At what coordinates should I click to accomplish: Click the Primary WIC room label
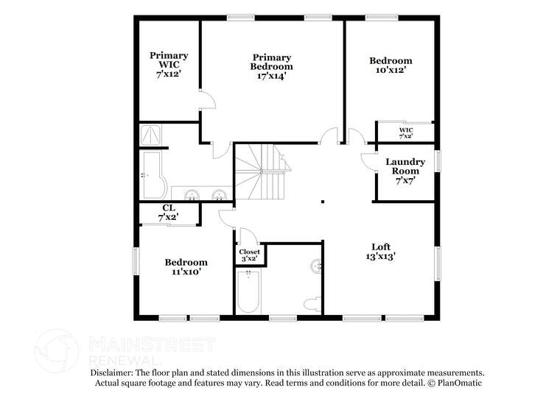(169, 66)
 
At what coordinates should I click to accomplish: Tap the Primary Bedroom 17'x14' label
(271, 66)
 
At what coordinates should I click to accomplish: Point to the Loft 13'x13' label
(380, 252)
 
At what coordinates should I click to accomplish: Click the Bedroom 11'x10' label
(186, 266)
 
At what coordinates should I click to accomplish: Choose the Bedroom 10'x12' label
(391, 66)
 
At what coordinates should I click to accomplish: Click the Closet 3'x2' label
(250, 255)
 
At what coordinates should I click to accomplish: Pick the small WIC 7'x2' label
(406, 133)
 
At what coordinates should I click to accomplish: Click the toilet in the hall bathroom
(311, 303)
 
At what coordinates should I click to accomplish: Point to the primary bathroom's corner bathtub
(153, 177)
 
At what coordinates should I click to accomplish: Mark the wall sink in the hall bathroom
(317, 266)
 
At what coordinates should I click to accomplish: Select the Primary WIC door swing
(207, 100)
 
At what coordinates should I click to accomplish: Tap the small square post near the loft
(323, 200)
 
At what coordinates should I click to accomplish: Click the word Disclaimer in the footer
(114, 373)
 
